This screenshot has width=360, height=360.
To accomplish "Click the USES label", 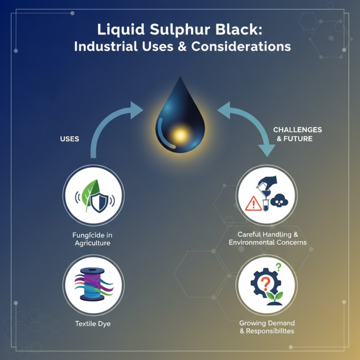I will pyautogui.click(x=69, y=139).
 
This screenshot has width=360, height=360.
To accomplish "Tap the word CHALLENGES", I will pyautogui.click(x=297, y=130).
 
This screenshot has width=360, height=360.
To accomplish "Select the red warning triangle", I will pyautogui.click(x=254, y=203).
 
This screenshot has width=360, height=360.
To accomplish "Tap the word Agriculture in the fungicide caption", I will pyautogui.click(x=92, y=243).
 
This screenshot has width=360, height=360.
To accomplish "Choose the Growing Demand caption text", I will pyautogui.click(x=267, y=324).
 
